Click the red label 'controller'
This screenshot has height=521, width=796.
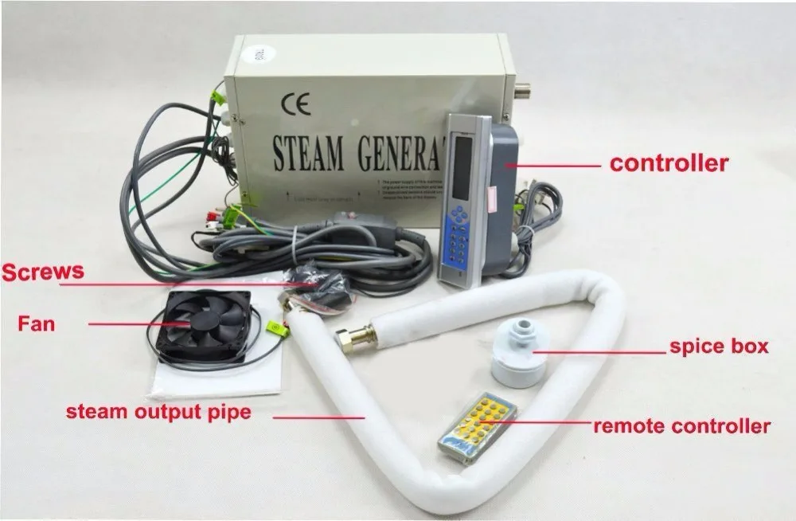click(x=669, y=164)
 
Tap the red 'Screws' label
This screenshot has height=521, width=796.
click(x=42, y=272)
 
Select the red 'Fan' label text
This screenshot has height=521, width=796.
click(x=37, y=324)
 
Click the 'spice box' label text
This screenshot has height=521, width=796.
click(x=719, y=347)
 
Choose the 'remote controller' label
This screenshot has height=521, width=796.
click(x=681, y=425)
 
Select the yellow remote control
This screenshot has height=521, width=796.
click(x=477, y=427)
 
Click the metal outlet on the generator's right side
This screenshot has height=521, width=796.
click(x=526, y=89)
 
